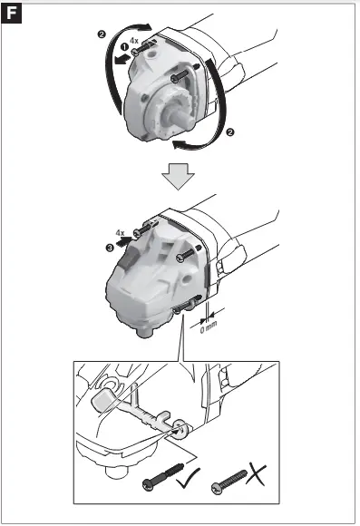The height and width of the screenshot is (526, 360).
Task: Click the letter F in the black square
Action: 12,14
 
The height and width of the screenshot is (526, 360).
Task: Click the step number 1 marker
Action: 124,47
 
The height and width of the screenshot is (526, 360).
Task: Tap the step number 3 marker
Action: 110,248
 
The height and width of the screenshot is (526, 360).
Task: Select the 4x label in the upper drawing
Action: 134,41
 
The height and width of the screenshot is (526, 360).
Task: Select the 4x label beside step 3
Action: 120,232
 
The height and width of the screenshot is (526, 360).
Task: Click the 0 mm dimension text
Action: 209,326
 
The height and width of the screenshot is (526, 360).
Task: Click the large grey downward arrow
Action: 178,177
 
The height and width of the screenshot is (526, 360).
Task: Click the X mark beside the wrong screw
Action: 256,474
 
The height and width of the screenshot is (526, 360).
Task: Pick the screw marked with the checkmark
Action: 163,477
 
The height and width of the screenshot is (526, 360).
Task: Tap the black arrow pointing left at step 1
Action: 122,59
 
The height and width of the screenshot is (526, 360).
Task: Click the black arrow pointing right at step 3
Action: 125,241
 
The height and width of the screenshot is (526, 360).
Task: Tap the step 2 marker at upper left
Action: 102,34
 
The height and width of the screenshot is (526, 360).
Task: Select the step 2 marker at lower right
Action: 230,132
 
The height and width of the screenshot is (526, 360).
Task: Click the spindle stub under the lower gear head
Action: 145,332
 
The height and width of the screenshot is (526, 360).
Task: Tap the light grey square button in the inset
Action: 103,399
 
